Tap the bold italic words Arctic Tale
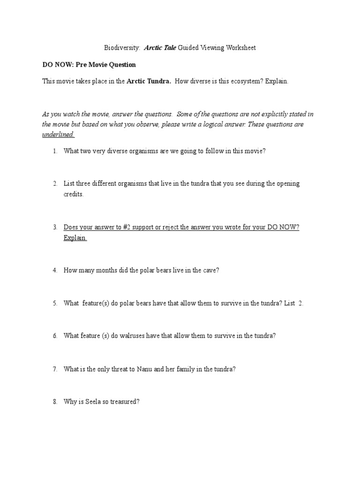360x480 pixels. coord(161,48)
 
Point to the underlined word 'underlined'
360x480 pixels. coord(58,135)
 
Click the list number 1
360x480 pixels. coord(54,151)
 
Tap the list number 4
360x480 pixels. coord(54,270)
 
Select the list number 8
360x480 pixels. coord(54,402)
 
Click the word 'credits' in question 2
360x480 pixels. coord(73,194)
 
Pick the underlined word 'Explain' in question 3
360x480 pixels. coord(75,238)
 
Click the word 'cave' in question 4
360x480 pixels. coord(209,270)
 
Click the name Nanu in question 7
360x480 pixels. coord(145,369)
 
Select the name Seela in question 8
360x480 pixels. coord(94,402)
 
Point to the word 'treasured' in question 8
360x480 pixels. coord(124,402)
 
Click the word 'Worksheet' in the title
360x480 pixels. coord(241,48)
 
